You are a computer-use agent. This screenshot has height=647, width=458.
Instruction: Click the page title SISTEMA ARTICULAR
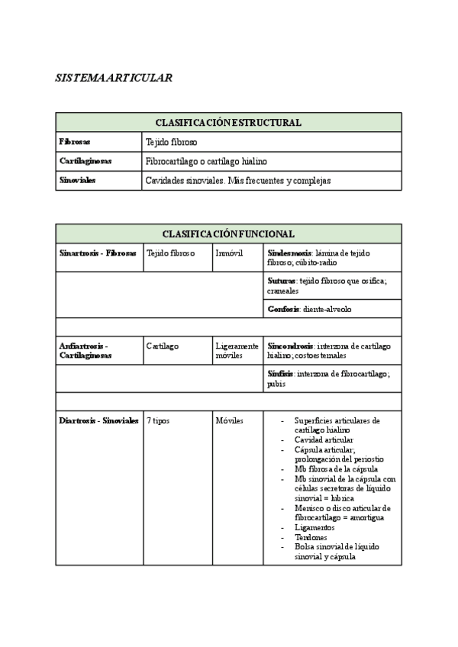pyautogui.click(x=114, y=78)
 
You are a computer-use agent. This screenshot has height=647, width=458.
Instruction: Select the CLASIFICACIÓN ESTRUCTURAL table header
pyautogui.click(x=228, y=122)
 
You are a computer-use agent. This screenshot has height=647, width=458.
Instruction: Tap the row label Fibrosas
pyautogui.click(x=74, y=142)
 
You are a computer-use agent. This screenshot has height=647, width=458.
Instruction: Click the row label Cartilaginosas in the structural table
pyautogui.click(x=85, y=161)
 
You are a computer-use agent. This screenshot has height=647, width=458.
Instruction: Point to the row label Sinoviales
pyautogui.click(x=77, y=181)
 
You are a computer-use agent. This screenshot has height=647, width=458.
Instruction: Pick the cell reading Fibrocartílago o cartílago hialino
pyautogui.click(x=206, y=161)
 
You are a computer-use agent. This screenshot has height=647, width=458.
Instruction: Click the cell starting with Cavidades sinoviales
pyautogui.click(x=237, y=181)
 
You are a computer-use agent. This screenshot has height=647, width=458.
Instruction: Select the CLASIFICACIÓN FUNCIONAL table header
pyautogui.click(x=228, y=233)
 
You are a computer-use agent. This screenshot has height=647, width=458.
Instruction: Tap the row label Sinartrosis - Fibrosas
pyautogui.click(x=98, y=253)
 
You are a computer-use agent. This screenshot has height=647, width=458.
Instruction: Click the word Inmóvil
pyautogui.click(x=229, y=253)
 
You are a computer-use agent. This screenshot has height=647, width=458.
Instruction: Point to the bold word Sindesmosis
pyautogui.click(x=289, y=253)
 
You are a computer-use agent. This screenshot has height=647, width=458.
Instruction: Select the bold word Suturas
pyautogui.click(x=281, y=281)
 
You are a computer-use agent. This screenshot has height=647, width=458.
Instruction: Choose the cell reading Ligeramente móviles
pyautogui.click(x=237, y=350)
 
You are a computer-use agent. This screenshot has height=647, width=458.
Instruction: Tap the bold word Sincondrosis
pyautogui.click(x=290, y=346)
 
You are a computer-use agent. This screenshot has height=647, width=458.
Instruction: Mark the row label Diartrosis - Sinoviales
pyautogui.click(x=98, y=420)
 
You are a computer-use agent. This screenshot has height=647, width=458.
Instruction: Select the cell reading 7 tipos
pyautogui.click(x=158, y=420)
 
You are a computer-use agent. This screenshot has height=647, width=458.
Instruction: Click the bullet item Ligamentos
pyautogui.click(x=314, y=527)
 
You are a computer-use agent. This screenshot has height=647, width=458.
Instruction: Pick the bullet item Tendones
pyautogui.click(x=311, y=537)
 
